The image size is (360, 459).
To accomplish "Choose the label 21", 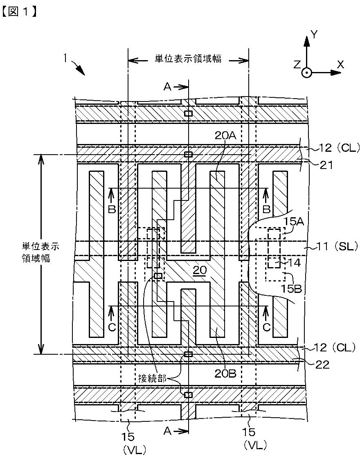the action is point(326,165).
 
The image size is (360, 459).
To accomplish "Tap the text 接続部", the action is point(152,379).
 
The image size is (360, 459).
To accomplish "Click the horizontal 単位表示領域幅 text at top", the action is point(188,59).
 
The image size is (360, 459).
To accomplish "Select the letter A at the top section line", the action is point(167,86).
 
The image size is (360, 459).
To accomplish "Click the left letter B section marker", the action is point(112,209).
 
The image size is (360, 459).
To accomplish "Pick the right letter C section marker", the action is point(266,327).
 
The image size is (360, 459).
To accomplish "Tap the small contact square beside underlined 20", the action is point(158,276).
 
